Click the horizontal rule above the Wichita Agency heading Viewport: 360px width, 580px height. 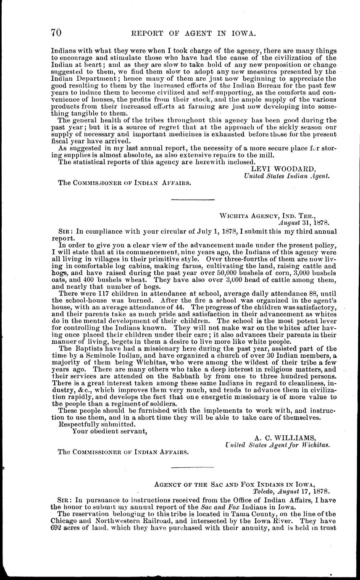tap(194, 199)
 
